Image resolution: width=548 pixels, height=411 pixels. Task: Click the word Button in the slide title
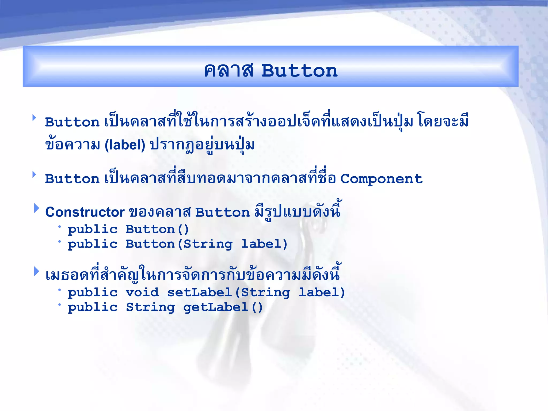tap(299, 71)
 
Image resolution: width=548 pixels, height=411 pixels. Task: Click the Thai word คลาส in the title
tap(229, 71)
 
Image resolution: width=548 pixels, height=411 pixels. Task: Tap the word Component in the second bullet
tap(381, 179)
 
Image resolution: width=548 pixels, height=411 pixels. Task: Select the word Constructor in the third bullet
tap(85, 212)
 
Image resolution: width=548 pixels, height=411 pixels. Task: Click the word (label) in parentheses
tap(125, 145)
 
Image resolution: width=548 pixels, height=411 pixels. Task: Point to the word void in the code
tap(142, 292)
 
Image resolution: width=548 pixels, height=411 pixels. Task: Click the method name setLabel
tap(199, 292)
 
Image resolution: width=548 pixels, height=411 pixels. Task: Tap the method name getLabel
tap(216, 307)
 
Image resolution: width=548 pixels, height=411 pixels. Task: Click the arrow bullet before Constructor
tap(36, 208)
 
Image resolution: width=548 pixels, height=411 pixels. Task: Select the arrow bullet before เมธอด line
tap(36, 271)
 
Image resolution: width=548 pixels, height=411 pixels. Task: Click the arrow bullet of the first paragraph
tap(34, 118)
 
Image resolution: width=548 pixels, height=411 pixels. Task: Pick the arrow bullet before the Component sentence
tap(34, 174)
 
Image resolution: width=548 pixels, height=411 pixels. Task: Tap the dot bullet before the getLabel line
tap(60, 305)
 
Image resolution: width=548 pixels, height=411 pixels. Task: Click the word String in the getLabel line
tap(151, 307)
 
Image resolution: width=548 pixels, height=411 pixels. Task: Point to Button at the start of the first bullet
tap(72, 122)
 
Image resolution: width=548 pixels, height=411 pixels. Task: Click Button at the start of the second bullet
tap(72, 179)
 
